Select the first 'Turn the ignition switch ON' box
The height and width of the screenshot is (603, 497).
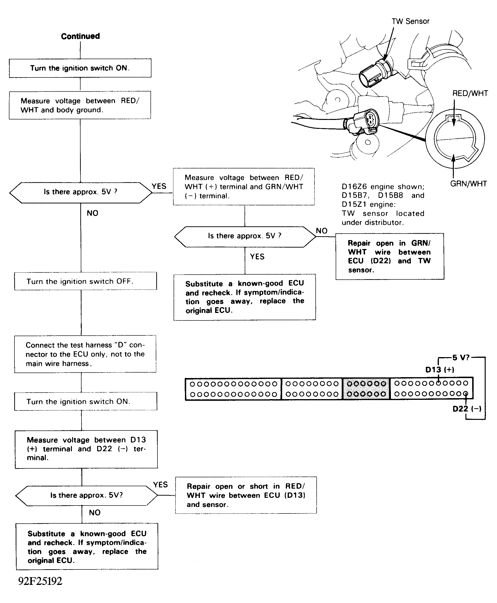pyautogui.click(x=80, y=68)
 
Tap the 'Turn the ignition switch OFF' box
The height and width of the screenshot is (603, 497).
pyautogui.click(x=85, y=281)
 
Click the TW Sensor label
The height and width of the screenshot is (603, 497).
pyautogui.click(x=410, y=21)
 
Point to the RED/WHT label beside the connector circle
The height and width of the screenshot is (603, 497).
pyautogui.click(x=470, y=93)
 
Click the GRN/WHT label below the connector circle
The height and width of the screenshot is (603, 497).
pyautogui.click(x=468, y=184)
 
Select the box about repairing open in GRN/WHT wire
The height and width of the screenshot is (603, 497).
pyautogui.click(x=389, y=256)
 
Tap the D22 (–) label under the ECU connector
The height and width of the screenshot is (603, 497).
pyautogui.click(x=467, y=409)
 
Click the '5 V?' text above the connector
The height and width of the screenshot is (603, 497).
pyautogui.click(x=461, y=358)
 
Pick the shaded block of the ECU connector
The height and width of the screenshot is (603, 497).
pyautogui.click(x=366, y=389)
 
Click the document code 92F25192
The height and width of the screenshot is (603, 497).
pyautogui.click(x=40, y=581)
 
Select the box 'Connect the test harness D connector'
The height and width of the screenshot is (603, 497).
pyautogui.click(x=85, y=354)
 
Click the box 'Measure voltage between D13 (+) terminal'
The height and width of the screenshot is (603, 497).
pyautogui.click(x=86, y=449)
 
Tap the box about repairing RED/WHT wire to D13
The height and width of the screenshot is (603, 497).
pyautogui.click(x=246, y=495)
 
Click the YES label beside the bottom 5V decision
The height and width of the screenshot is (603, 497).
pyautogui.click(x=160, y=485)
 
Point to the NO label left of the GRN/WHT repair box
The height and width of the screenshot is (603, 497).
pyautogui.click(x=321, y=231)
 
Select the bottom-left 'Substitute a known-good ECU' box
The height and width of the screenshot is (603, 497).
pyautogui.click(x=87, y=547)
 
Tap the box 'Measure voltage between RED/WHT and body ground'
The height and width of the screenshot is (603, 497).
pyautogui.click(x=80, y=105)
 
